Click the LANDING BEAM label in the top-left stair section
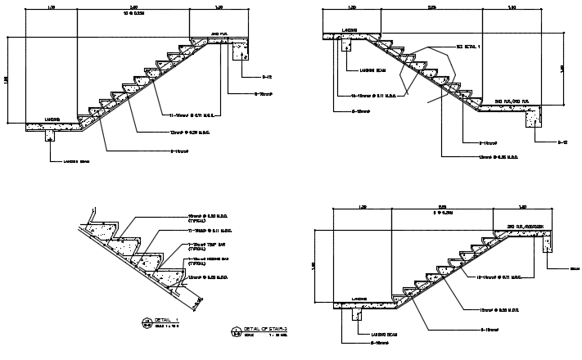(75, 160)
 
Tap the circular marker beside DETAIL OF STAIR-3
(237, 331)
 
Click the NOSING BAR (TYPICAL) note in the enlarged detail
(205, 260)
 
